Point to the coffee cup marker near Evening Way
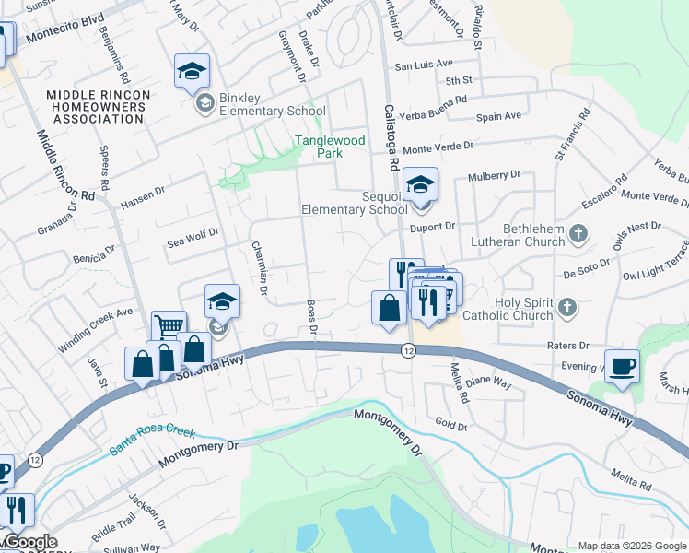(622, 366)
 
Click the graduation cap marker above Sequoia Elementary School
(420, 184)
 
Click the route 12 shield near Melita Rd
(407, 350)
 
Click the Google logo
(29, 543)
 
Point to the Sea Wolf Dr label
(193, 239)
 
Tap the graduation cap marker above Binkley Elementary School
(193, 71)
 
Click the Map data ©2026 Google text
(631, 545)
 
